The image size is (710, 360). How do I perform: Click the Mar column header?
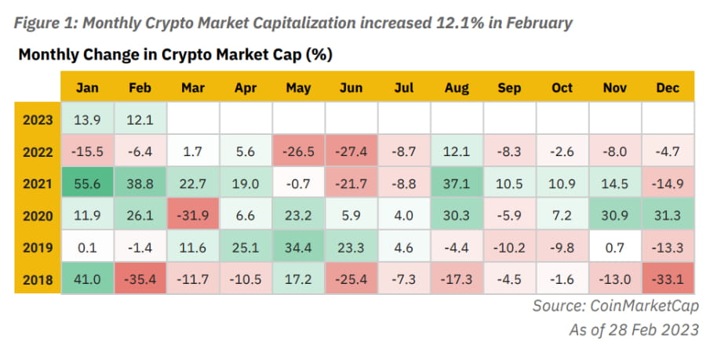click(x=192, y=88)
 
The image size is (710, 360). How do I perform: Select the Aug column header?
click(x=457, y=88)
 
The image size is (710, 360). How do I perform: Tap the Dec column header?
click(x=668, y=88)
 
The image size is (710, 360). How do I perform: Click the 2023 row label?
click(x=38, y=119)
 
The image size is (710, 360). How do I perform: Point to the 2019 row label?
click(x=38, y=247)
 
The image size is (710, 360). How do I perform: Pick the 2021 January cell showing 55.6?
click(x=87, y=183)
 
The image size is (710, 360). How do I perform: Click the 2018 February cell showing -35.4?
click(x=140, y=278)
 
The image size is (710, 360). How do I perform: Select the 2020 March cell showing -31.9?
click(x=192, y=215)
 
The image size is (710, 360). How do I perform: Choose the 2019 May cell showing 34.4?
click(x=298, y=247)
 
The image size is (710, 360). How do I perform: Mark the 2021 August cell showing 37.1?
click(x=457, y=183)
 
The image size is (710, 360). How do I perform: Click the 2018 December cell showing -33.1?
click(x=668, y=278)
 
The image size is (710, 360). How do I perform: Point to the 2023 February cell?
click(x=140, y=119)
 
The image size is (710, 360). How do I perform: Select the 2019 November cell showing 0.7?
click(x=615, y=247)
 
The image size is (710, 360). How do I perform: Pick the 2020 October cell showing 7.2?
click(x=563, y=215)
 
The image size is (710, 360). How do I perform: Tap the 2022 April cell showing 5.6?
click(x=246, y=151)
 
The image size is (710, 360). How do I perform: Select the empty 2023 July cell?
click(x=404, y=119)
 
